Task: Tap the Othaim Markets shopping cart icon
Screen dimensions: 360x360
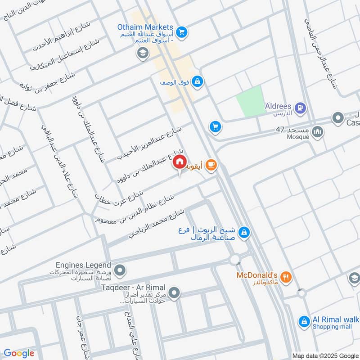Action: (181, 31)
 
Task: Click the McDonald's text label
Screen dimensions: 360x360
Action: (257, 274)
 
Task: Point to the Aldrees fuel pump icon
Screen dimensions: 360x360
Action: (301, 108)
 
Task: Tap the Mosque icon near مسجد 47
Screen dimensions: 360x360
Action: (318, 132)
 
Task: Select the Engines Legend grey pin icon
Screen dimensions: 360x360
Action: (120, 270)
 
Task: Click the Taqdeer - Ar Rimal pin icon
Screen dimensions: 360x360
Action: (175, 294)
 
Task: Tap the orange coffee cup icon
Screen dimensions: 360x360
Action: (211, 166)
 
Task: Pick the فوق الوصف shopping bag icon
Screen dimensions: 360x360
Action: (197, 82)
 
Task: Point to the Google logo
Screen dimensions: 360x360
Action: (19, 353)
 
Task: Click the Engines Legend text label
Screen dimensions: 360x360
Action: (84, 265)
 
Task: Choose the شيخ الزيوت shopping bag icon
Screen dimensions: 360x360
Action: (244, 232)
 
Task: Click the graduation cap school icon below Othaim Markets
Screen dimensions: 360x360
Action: (143, 54)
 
